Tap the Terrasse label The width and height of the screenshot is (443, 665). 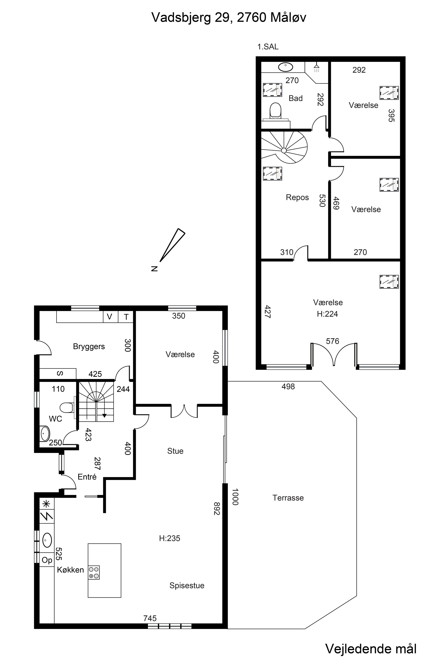click(x=288, y=498)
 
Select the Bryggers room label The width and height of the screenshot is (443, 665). click(x=89, y=346)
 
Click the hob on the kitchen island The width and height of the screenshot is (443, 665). click(x=94, y=572)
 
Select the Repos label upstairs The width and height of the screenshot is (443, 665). click(x=297, y=197)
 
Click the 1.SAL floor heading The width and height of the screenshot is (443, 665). click(x=268, y=47)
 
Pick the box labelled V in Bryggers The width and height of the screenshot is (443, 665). click(x=110, y=317)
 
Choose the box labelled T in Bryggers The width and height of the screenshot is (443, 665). click(x=126, y=317)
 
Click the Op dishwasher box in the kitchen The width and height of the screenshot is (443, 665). click(x=47, y=560)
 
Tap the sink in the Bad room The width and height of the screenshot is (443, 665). click(x=286, y=67)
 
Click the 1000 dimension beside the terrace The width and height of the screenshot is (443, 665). click(x=235, y=497)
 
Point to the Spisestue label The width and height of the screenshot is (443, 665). click(x=187, y=585)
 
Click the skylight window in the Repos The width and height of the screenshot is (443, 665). click(x=273, y=174)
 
